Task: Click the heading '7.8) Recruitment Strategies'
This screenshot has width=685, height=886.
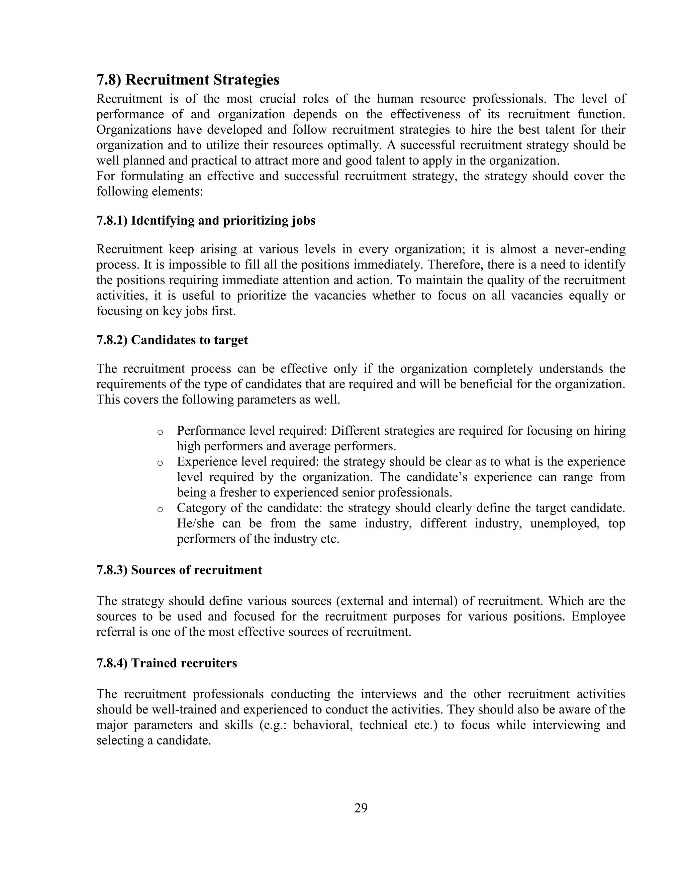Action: pos(188,80)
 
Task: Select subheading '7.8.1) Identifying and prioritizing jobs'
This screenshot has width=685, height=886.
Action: pos(206,221)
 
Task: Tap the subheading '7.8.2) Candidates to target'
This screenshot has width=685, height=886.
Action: pos(172,340)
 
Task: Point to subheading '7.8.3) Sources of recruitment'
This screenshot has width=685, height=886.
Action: pos(179,570)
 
